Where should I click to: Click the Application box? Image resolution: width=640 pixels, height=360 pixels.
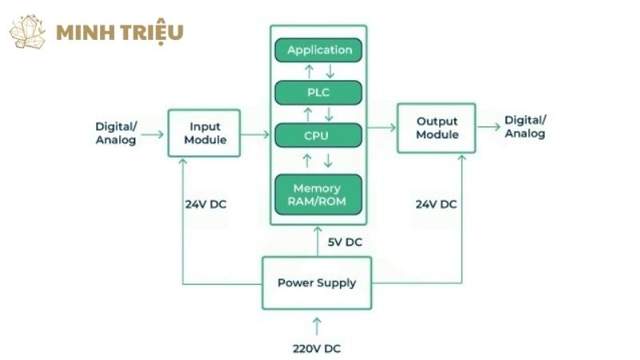point(318,50)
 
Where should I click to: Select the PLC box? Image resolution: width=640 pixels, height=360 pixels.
point(318,93)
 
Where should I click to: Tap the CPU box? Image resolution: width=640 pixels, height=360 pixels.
point(318,135)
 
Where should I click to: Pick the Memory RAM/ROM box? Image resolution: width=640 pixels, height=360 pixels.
point(318,194)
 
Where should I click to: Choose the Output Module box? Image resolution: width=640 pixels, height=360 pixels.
point(437,128)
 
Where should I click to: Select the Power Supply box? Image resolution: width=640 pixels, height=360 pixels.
point(317,282)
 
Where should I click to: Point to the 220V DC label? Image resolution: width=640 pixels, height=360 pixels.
point(317,348)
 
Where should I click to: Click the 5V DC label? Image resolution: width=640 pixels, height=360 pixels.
point(345,242)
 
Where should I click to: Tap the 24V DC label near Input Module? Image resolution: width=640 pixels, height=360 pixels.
point(205,204)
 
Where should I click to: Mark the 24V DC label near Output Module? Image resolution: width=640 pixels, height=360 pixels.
point(436,204)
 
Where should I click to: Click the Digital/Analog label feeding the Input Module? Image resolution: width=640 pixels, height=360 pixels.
point(116,133)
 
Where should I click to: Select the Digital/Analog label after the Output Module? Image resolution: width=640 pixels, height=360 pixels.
point(525,127)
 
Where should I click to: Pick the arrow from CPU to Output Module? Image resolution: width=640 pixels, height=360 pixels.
point(383,127)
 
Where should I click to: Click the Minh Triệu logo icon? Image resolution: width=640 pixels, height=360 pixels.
point(27,32)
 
